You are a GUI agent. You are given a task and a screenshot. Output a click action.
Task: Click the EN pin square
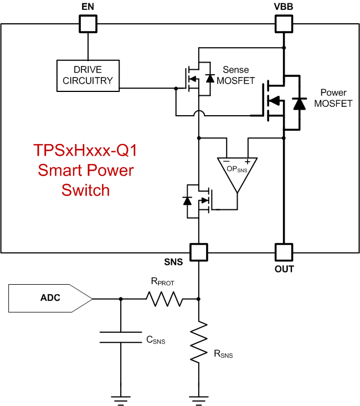click(x=88, y=23)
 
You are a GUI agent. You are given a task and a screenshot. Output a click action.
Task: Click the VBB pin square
click(x=284, y=23)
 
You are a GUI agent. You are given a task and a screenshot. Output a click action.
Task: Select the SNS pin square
click(x=198, y=252)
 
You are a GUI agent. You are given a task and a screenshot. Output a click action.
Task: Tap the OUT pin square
click(x=284, y=252)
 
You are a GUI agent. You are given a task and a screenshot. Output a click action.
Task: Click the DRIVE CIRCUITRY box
click(x=88, y=75)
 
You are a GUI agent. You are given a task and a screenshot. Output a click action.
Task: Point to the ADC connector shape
click(x=50, y=299)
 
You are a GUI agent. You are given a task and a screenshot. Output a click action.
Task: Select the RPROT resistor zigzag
click(x=164, y=299)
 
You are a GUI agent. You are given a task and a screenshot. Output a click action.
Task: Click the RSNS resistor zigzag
click(x=198, y=343)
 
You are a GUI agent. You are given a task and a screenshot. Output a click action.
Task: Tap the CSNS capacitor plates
click(x=120, y=338)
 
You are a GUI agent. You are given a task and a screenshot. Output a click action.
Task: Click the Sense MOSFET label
click(x=235, y=75)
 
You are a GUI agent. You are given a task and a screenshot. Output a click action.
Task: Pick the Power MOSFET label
click(x=336, y=97)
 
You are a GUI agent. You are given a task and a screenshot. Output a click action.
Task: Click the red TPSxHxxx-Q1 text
click(x=86, y=151)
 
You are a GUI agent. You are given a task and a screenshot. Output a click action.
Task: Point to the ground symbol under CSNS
click(x=120, y=398)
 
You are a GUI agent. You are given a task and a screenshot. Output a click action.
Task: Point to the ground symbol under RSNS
click(x=198, y=398)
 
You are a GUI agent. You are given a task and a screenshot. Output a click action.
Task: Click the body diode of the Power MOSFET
click(x=300, y=103)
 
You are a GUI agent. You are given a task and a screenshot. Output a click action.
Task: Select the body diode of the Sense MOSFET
click(x=209, y=78)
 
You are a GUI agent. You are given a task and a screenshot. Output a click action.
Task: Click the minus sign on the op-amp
click(x=227, y=162)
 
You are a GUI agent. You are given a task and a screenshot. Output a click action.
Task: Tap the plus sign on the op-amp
click(x=247, y=162)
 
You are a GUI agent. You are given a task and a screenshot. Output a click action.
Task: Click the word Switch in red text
click(x=86, y=190)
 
